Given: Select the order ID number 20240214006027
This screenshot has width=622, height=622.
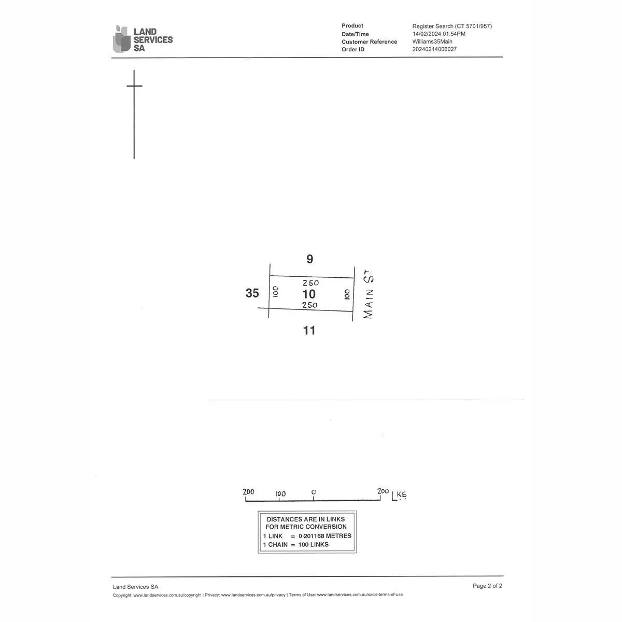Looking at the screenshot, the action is pyautogui.click(x=434, y=50).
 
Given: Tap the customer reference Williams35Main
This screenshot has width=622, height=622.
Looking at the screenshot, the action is pyautogui.click(x=432, y=42).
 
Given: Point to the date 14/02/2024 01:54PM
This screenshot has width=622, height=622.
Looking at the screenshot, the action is pyautogui.click(x=439, y=34).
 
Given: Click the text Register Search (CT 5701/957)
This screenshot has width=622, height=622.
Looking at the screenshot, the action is pyautogui.click(x=451, y=26).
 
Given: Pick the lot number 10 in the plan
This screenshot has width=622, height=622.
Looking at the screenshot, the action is pyautogui.click(x=309, y=294).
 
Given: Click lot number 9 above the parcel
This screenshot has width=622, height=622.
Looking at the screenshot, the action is pyautogui.click(x=309, y=259).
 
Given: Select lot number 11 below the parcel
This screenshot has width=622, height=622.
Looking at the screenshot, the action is pyautogui.click(x=309, y=330).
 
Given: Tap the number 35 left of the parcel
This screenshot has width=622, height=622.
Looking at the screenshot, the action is pyautogui.click(x=252, y=293).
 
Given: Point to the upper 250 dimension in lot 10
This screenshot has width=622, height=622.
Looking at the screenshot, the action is pyautogui.click(x=310, y=283).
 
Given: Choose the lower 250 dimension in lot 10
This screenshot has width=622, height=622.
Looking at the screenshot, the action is pyautogui.click(x=309, y=305).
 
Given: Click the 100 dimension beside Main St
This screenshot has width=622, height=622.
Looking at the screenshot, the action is pyautogui.click(x=346, y=294).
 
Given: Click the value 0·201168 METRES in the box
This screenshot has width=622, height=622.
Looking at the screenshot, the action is pyautogui.click(x=325, y=536).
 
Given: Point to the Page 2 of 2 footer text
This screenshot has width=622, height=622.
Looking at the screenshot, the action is pyautogui.click(x=487, y=586).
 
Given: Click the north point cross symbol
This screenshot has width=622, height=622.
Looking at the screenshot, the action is pyautogui.click(x=134, y=86).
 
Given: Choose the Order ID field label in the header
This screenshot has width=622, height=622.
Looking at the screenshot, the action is pyautogui.click(x=353, y=50).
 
